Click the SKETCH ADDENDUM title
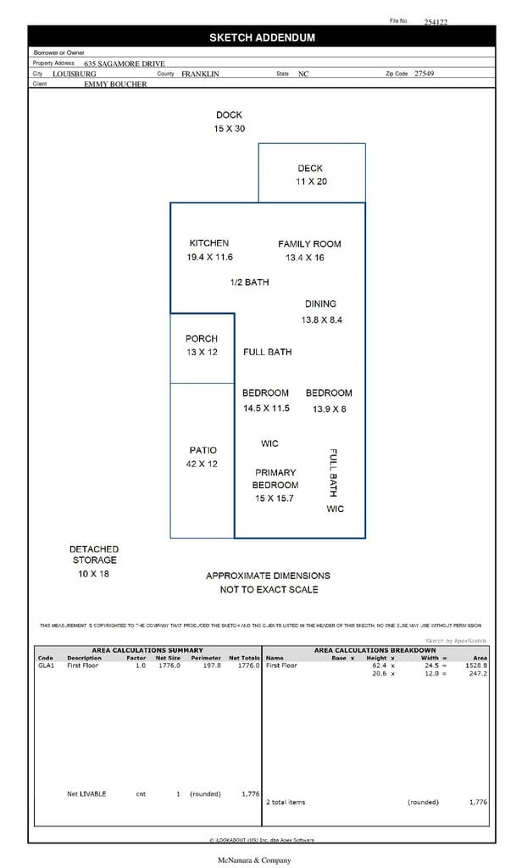262,37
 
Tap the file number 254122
435,23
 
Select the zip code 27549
424,74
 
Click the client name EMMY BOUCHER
115,84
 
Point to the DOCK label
229,115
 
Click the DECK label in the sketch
310,169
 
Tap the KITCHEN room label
208,243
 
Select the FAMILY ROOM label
309,244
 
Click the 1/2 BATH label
249,282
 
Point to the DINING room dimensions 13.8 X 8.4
321,320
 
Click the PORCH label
202,339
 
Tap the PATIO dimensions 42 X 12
202,464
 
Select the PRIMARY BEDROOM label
275,479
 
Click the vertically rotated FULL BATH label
333,472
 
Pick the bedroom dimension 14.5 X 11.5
266,408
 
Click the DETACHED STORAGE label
94,554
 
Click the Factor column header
136,658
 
